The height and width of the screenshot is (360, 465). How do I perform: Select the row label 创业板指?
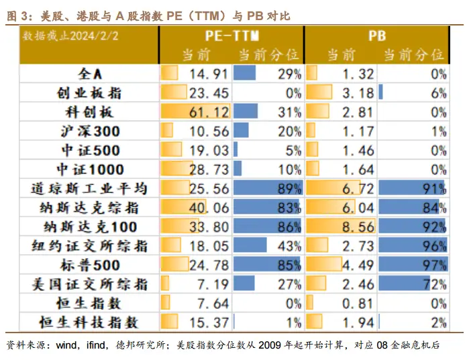90,93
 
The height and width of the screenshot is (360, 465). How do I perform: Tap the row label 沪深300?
90,131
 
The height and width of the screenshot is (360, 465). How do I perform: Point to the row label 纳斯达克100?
90,227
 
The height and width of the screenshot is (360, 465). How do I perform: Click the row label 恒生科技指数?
90,322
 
